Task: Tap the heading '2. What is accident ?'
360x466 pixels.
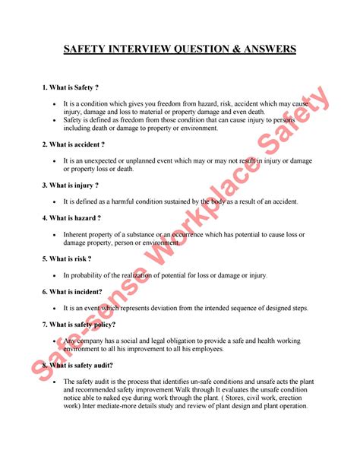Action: [x=74, y=144]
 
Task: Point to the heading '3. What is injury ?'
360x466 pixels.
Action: [x=71, y=185]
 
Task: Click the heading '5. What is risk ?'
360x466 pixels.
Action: [x=67, y=258]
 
